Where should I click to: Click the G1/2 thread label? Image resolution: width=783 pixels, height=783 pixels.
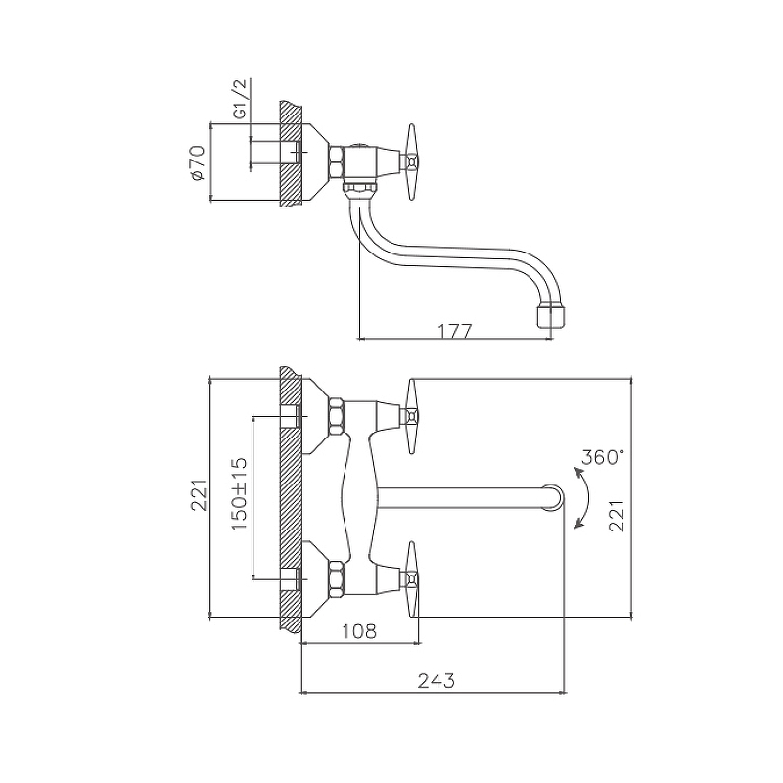pyautogui.click(x=241, y=99)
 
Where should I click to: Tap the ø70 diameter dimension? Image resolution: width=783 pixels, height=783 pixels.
pyautogui.click(x=198, y=162)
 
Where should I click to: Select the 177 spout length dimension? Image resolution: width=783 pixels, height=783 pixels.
pyautogui.click(x=454, y=331)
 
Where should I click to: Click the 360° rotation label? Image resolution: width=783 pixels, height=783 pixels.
pyautogui.click(x=603, y=457)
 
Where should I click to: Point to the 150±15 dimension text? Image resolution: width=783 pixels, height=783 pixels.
pyautogui.click(x=240, y=493)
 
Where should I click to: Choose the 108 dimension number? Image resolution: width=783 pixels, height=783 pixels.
pyautogui.click(x=359, y=631)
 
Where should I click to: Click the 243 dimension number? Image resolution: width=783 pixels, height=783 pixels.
pyautogui.click(x=437, y=681)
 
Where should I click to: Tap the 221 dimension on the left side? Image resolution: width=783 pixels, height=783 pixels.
pyautogui.click(x=199, y=495)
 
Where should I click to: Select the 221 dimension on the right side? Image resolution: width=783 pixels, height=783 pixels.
pyautogui.click(x=617, y=516)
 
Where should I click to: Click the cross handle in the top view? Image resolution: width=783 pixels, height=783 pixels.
pyautogui.click(x=411, y=161)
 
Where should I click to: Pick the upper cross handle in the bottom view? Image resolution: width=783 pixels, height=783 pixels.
pyautogui.click(x=411, y=416)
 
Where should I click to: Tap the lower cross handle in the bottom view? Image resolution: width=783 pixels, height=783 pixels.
pyautogui.click(x=411, y=579)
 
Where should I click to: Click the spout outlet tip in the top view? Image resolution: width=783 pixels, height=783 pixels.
pyautogui.click(x=551, y=317)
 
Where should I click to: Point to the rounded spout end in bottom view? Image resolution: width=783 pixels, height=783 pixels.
pyautogui.click(x=553, y=498)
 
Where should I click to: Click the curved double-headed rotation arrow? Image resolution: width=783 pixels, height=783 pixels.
pyautogui.click(x=581, y=498)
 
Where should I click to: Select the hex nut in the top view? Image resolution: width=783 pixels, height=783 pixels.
pyautogui.click(x=336, y=161)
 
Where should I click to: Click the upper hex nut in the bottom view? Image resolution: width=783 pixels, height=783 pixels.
pyautogui.click(x=336, y=416)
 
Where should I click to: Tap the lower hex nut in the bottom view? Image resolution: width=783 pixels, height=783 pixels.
pyautogui.click(x=336, y=579)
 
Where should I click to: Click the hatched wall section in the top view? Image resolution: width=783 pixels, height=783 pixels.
pyautogui.click(x=291, y=155)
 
